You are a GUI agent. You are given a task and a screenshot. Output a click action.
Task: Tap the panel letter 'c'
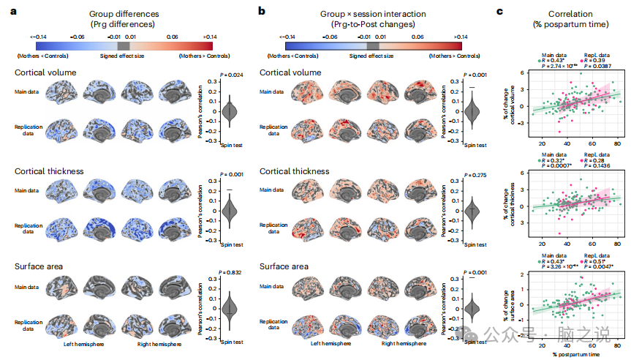pos(500,12)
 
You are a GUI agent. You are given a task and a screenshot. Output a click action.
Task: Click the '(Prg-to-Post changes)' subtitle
pos(363,24)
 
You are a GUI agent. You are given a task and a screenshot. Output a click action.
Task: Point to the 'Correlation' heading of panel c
pos(570,13)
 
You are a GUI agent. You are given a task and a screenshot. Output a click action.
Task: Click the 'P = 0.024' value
pos(231,75)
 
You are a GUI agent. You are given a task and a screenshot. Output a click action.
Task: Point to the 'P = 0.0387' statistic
pos(595,66)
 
